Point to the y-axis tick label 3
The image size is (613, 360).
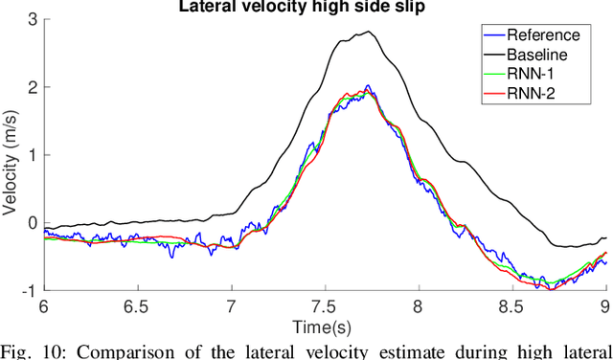(x=34, y=18)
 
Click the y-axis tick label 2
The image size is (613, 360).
(x=34, y=86)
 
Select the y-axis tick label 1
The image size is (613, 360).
(x=34, y=154)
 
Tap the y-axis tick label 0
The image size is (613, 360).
(x=34, y=223)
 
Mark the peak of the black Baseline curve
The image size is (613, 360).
(x=369, y=32)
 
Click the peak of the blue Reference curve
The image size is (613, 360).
(x=369, y=86)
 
